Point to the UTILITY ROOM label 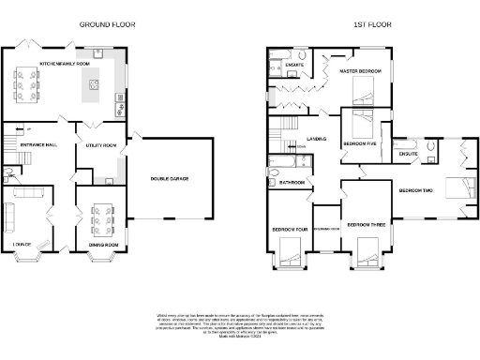pos(99,146)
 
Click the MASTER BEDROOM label pos(360,70)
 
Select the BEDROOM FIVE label pos(360,143)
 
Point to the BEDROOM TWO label pos(415,190)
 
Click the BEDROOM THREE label pos(366,225)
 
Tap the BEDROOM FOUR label pos(289,229)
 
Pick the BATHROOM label pos(292,182)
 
